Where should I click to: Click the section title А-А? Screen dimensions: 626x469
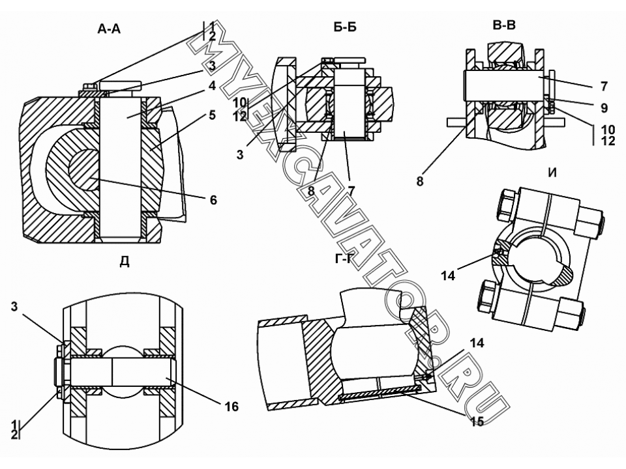pyautogui.click(x=109, y=29)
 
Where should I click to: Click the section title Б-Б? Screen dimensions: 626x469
pyautogui.click(x=345, y=27)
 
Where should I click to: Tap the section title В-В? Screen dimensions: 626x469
pyautogui.click(x=504, y=25)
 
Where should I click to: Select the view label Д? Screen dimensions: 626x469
pyautogui.click(x=125, y=262)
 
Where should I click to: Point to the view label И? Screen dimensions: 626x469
pyautogui.click(x=552, y=173)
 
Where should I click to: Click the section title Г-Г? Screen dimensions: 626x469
pyautogui.click(x=344, y=260)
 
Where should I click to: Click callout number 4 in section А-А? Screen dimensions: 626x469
pyautogui.click(x=212, y=86)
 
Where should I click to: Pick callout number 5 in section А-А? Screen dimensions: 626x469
pyautogui.click(x=212, y=115)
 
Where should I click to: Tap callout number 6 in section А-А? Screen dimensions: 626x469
pyautogui.click(x=214, y=200)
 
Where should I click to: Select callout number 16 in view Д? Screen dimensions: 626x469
pyautogui.click(x=231, y=406)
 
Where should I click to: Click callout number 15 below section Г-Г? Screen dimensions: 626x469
pyautogui.click(x=477, y=421)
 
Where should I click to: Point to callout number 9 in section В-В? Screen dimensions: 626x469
pyautogui.click(x=604, y=107)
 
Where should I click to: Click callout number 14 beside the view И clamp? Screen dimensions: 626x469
pyautogui.click(x=448, y=276)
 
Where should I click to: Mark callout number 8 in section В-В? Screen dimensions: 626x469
pyautogui.click(x=419, y=182)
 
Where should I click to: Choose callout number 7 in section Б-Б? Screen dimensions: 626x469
pyautogui.click(x=351, y=191)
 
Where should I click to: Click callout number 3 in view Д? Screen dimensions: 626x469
pyautogui.click(x=14, y=307)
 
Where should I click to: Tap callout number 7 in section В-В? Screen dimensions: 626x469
pyautogui.click(x=604, y=86)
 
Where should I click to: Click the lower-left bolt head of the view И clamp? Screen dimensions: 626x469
pyautogui.click(x=488, y=296)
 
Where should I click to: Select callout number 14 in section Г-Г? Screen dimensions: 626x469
pyautogui.click(x=477, y=343)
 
